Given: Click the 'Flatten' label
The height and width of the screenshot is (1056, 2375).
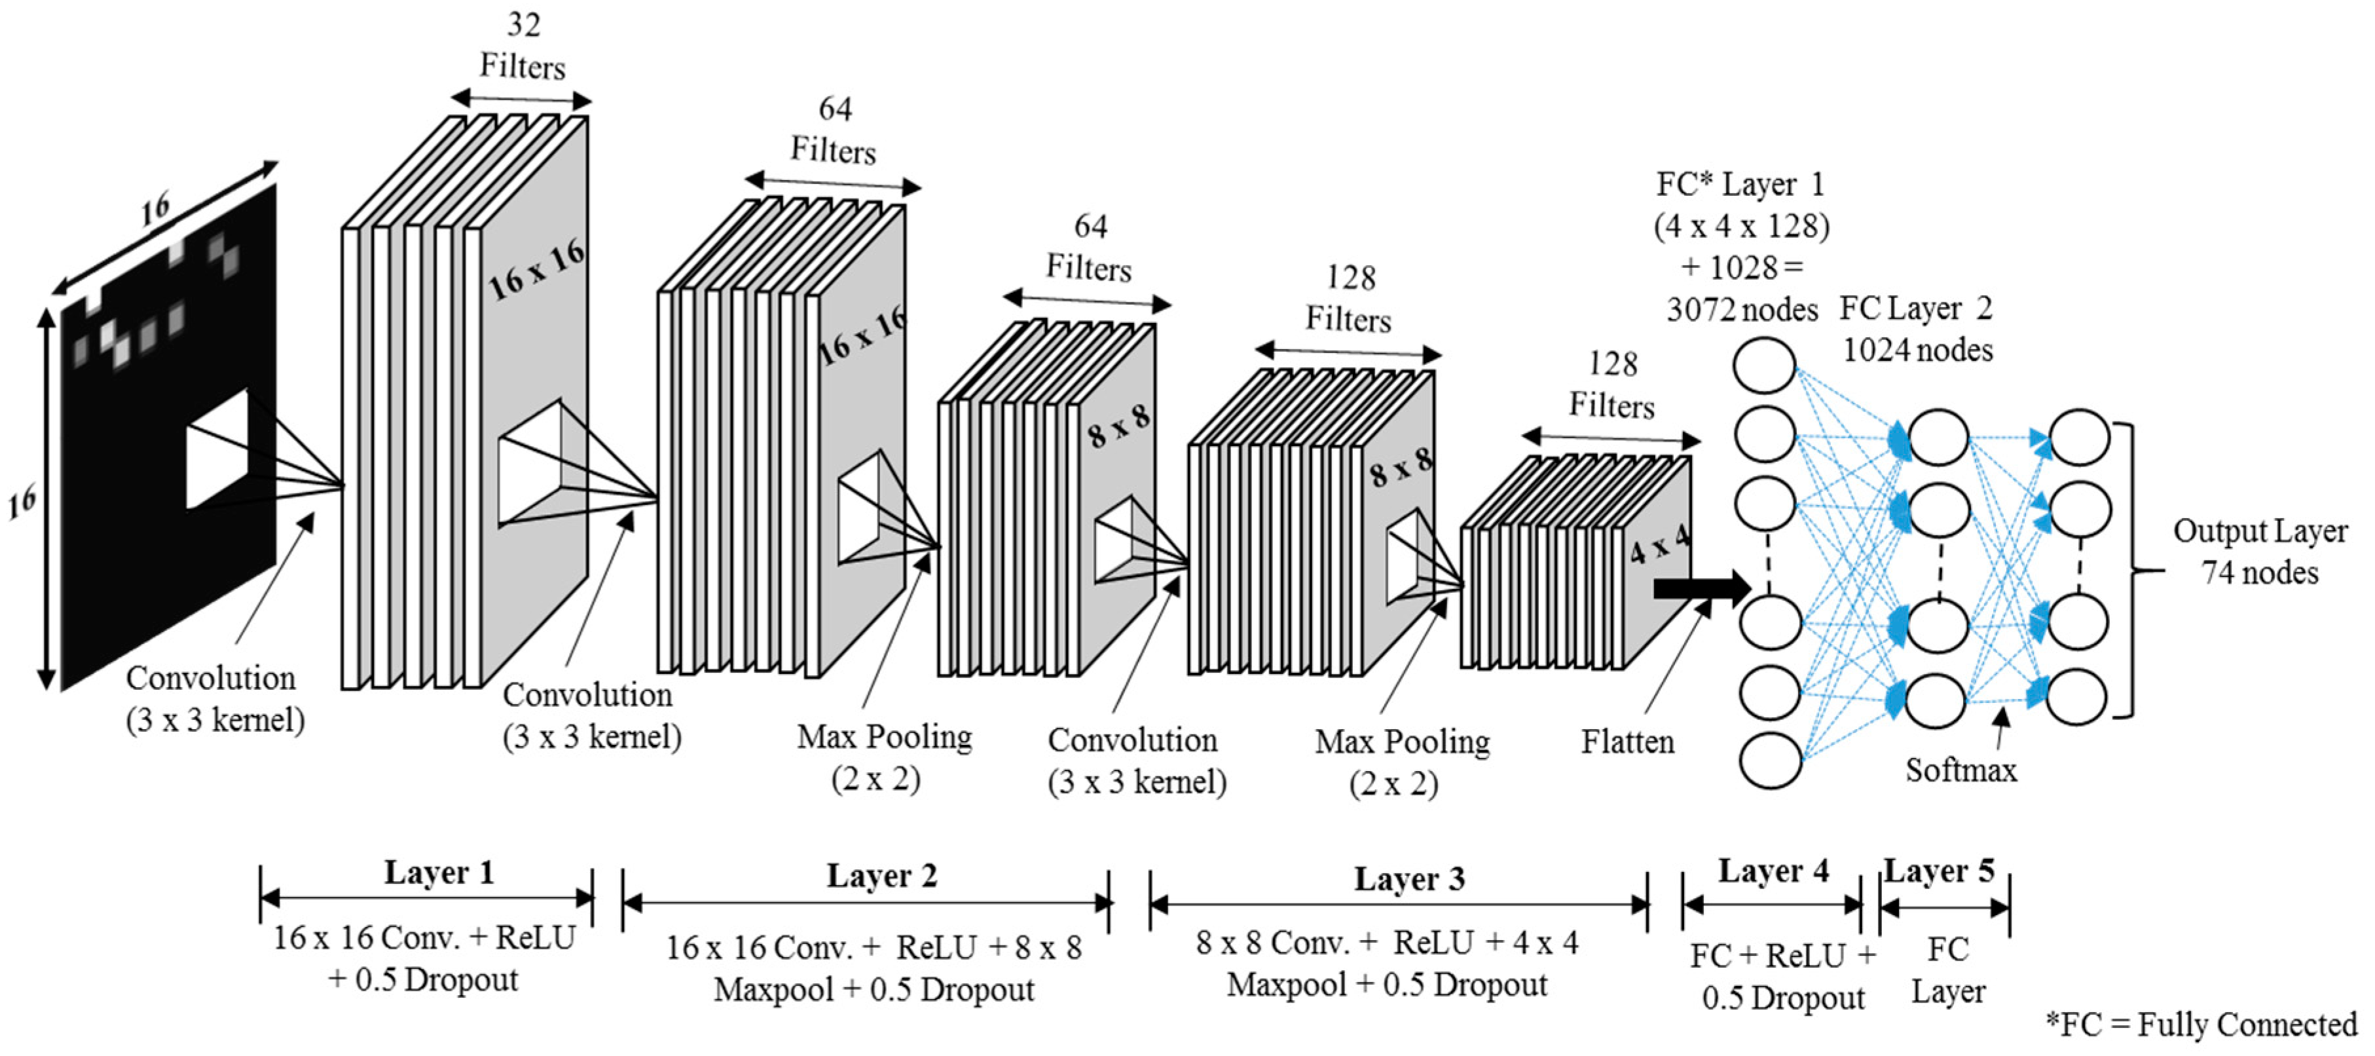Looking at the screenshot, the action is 1627,742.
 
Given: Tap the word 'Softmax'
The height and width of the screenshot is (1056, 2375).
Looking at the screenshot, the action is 1961,770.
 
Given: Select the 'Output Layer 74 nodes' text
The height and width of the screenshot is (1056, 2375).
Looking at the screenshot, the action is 2260,552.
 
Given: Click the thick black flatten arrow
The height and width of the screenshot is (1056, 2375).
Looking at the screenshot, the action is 1701,588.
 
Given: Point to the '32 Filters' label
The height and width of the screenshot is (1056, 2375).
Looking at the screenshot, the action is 523,46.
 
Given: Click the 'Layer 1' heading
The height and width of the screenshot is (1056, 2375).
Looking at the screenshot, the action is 439,873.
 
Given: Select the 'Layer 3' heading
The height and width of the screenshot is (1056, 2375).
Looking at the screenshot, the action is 1408,879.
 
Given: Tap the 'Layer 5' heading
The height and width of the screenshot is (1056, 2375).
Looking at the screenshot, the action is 1939,871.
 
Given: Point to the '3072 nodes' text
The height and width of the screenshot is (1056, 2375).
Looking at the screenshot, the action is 1742,310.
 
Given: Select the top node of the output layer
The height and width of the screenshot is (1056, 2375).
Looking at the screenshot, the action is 2079,437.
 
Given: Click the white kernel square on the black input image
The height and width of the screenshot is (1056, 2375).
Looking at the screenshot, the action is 217,449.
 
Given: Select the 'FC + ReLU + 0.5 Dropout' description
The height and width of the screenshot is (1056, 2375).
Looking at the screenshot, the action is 1782,977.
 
